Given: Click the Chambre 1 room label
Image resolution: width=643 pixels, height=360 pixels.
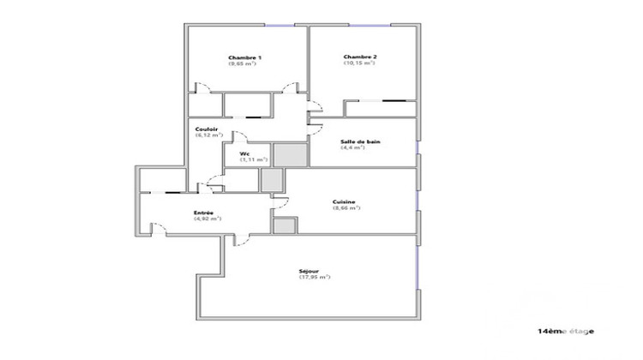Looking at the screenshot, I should (245, 57).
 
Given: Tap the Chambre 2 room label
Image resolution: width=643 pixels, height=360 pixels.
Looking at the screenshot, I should (361, 57).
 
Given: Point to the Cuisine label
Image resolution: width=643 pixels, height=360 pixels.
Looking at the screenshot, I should (345, 201).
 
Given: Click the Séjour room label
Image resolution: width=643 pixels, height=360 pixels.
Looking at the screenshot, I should (314, 270).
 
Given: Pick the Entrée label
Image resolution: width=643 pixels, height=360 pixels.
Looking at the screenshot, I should (204, 213).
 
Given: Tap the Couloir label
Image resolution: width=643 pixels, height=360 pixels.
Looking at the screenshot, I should (207, 129).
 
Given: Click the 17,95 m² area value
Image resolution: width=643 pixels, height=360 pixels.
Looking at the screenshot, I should (315, 277).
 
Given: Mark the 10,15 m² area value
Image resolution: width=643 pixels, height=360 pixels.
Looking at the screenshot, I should (361, 63).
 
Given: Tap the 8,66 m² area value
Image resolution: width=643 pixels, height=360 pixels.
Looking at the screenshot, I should (345, 208).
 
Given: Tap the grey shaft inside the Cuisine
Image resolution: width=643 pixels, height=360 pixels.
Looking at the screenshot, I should (284, 225).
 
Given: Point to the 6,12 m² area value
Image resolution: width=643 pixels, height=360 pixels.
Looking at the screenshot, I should (209, 135).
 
